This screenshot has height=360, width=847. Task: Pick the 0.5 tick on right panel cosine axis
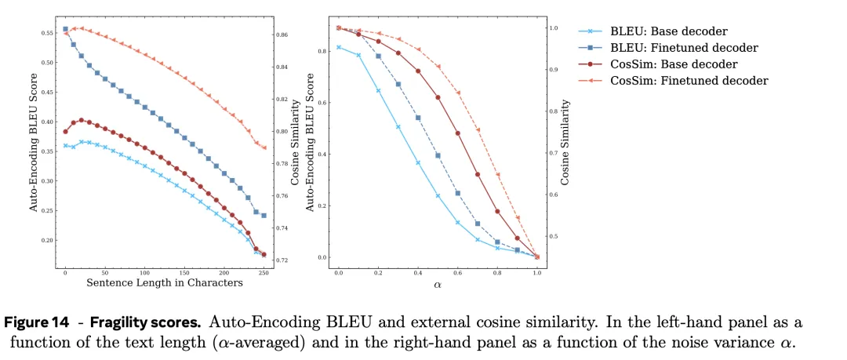click(554, 236)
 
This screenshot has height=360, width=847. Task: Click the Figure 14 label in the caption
click(49, 322)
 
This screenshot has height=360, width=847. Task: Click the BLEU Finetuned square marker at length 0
click(65, 30)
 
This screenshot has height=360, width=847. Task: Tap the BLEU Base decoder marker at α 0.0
click(339, 47)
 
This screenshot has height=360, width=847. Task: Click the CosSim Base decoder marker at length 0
click(65, 131)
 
